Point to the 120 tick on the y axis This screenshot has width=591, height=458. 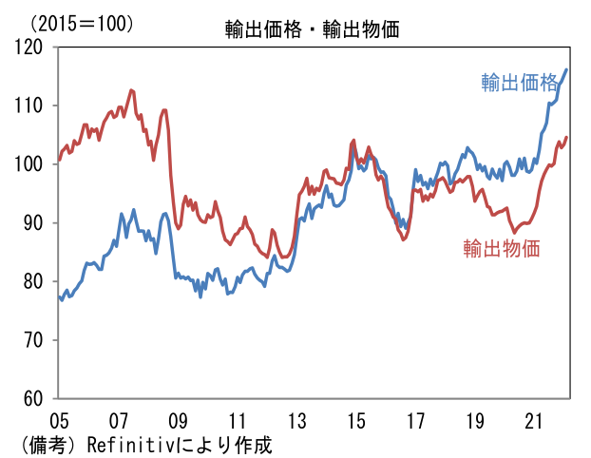(x=30, y=47)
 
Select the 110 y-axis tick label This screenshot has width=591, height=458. (x=30, y=105)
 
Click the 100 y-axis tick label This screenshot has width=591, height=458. (x=30, y=164)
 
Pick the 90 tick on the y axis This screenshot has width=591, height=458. (x=35, y=223)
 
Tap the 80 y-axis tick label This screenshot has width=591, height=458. (x=35, y=281)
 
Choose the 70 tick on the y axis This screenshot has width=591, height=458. (x=35, y=340)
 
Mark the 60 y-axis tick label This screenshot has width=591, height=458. (x=35, y=399)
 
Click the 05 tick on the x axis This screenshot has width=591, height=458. (x=59, y=420)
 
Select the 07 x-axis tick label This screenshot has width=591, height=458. (x=118, y=420)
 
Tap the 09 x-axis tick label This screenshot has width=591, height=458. (x=178, y=420)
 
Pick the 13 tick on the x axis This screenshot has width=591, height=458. (x=296, y=420)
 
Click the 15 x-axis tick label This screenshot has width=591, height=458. (x=356, y=420)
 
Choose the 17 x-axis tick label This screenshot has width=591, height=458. (x=415, y=420)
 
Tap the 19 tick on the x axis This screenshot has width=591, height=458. (x=475, y=420)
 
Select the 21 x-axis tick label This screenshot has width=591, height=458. (x=534, y=420)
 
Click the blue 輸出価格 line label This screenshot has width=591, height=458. (x=518, y=83)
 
